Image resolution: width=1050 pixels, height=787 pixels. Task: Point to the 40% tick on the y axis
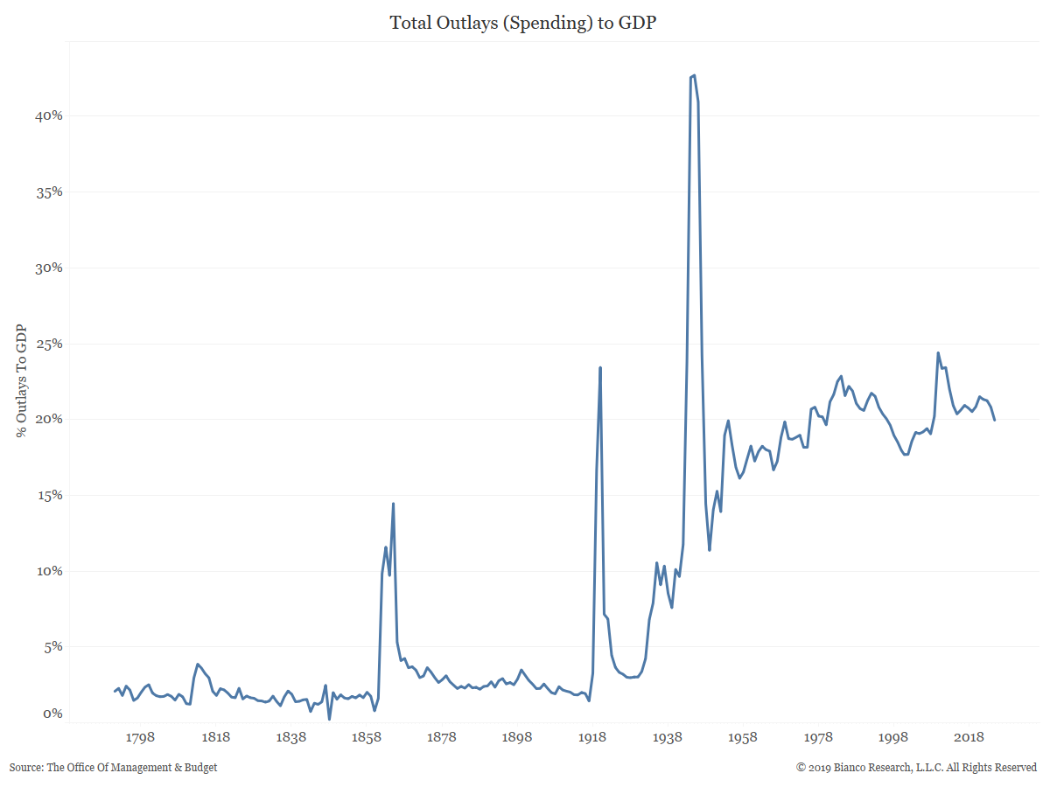point(45,115)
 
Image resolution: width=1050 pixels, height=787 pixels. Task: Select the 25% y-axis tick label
point(45,344)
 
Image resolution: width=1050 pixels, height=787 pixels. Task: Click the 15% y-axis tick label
point(45,495)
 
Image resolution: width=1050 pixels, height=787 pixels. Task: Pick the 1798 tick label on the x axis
point(140,737)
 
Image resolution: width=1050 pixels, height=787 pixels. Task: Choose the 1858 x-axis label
point(366,737)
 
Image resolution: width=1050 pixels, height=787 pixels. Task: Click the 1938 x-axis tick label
point(667,737)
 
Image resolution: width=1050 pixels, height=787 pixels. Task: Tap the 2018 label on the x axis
point(969,737)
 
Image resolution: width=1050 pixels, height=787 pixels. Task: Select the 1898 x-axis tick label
point(516,737)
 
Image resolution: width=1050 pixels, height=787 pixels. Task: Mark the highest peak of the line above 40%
point(694,75)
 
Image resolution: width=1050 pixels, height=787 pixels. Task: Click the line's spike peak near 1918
point(600,367)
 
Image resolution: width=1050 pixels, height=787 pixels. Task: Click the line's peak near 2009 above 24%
point(938,353)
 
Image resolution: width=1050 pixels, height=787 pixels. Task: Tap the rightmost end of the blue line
point(994,420)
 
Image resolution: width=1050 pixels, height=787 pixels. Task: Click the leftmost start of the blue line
point(115,692)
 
